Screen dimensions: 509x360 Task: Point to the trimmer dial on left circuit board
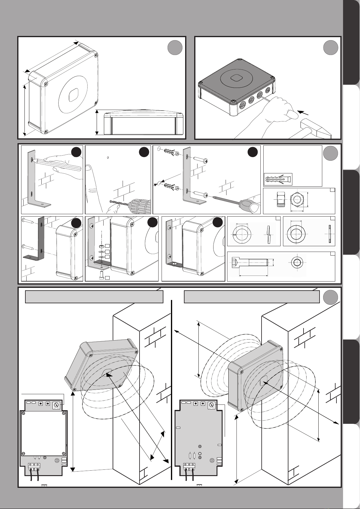click(x=56, y=405)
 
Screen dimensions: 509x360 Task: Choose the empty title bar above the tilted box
click(x=94, y=297)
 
